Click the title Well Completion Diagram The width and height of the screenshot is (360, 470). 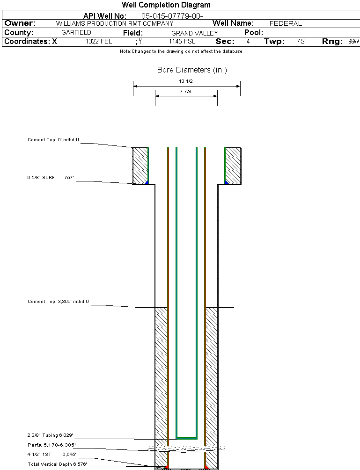[166, 5]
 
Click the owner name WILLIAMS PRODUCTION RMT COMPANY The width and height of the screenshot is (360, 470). [114, 23]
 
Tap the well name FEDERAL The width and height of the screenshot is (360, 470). [286, 23]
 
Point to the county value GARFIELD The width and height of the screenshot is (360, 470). [76, 33]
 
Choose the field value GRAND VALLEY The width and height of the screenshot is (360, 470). [194, 33]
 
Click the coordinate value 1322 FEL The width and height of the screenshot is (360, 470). [99, 42]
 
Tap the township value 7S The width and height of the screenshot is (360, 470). [301, 42]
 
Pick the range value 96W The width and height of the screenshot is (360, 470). [353, 42]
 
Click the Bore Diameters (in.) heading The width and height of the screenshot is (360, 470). [192, 70]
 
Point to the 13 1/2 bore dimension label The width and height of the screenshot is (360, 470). [186, 81]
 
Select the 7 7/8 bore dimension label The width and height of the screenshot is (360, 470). [186, 92]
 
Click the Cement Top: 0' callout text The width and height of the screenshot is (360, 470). [54, 140]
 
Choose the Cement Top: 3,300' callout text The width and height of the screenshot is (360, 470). [58, 302]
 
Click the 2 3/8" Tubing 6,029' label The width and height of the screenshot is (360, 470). [50, 435]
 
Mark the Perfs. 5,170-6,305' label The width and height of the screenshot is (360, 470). [51, 445]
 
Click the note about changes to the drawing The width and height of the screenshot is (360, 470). [181, 51]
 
